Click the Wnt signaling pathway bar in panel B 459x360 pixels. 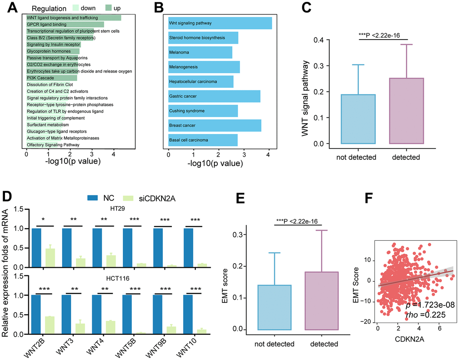click(220, 23)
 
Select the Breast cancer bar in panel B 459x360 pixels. click(214, 125)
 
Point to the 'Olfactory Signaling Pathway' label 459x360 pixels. click(53, 145)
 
